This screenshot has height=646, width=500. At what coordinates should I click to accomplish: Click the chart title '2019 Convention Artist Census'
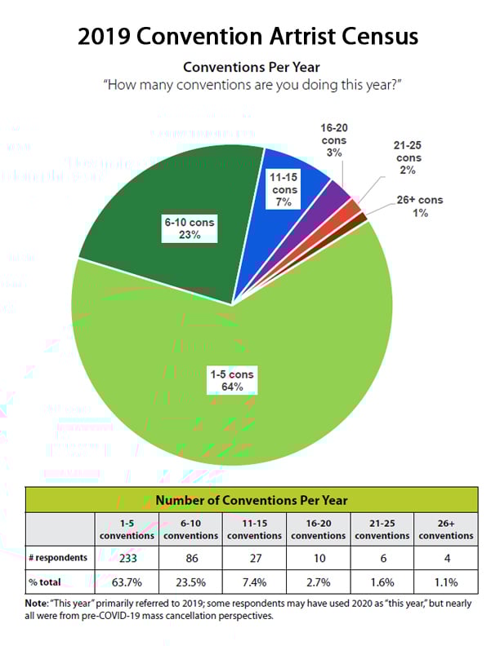tap(250, 36)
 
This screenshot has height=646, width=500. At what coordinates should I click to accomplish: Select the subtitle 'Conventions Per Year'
tap(250, 67)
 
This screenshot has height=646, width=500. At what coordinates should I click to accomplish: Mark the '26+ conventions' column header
tap(445, 529)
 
